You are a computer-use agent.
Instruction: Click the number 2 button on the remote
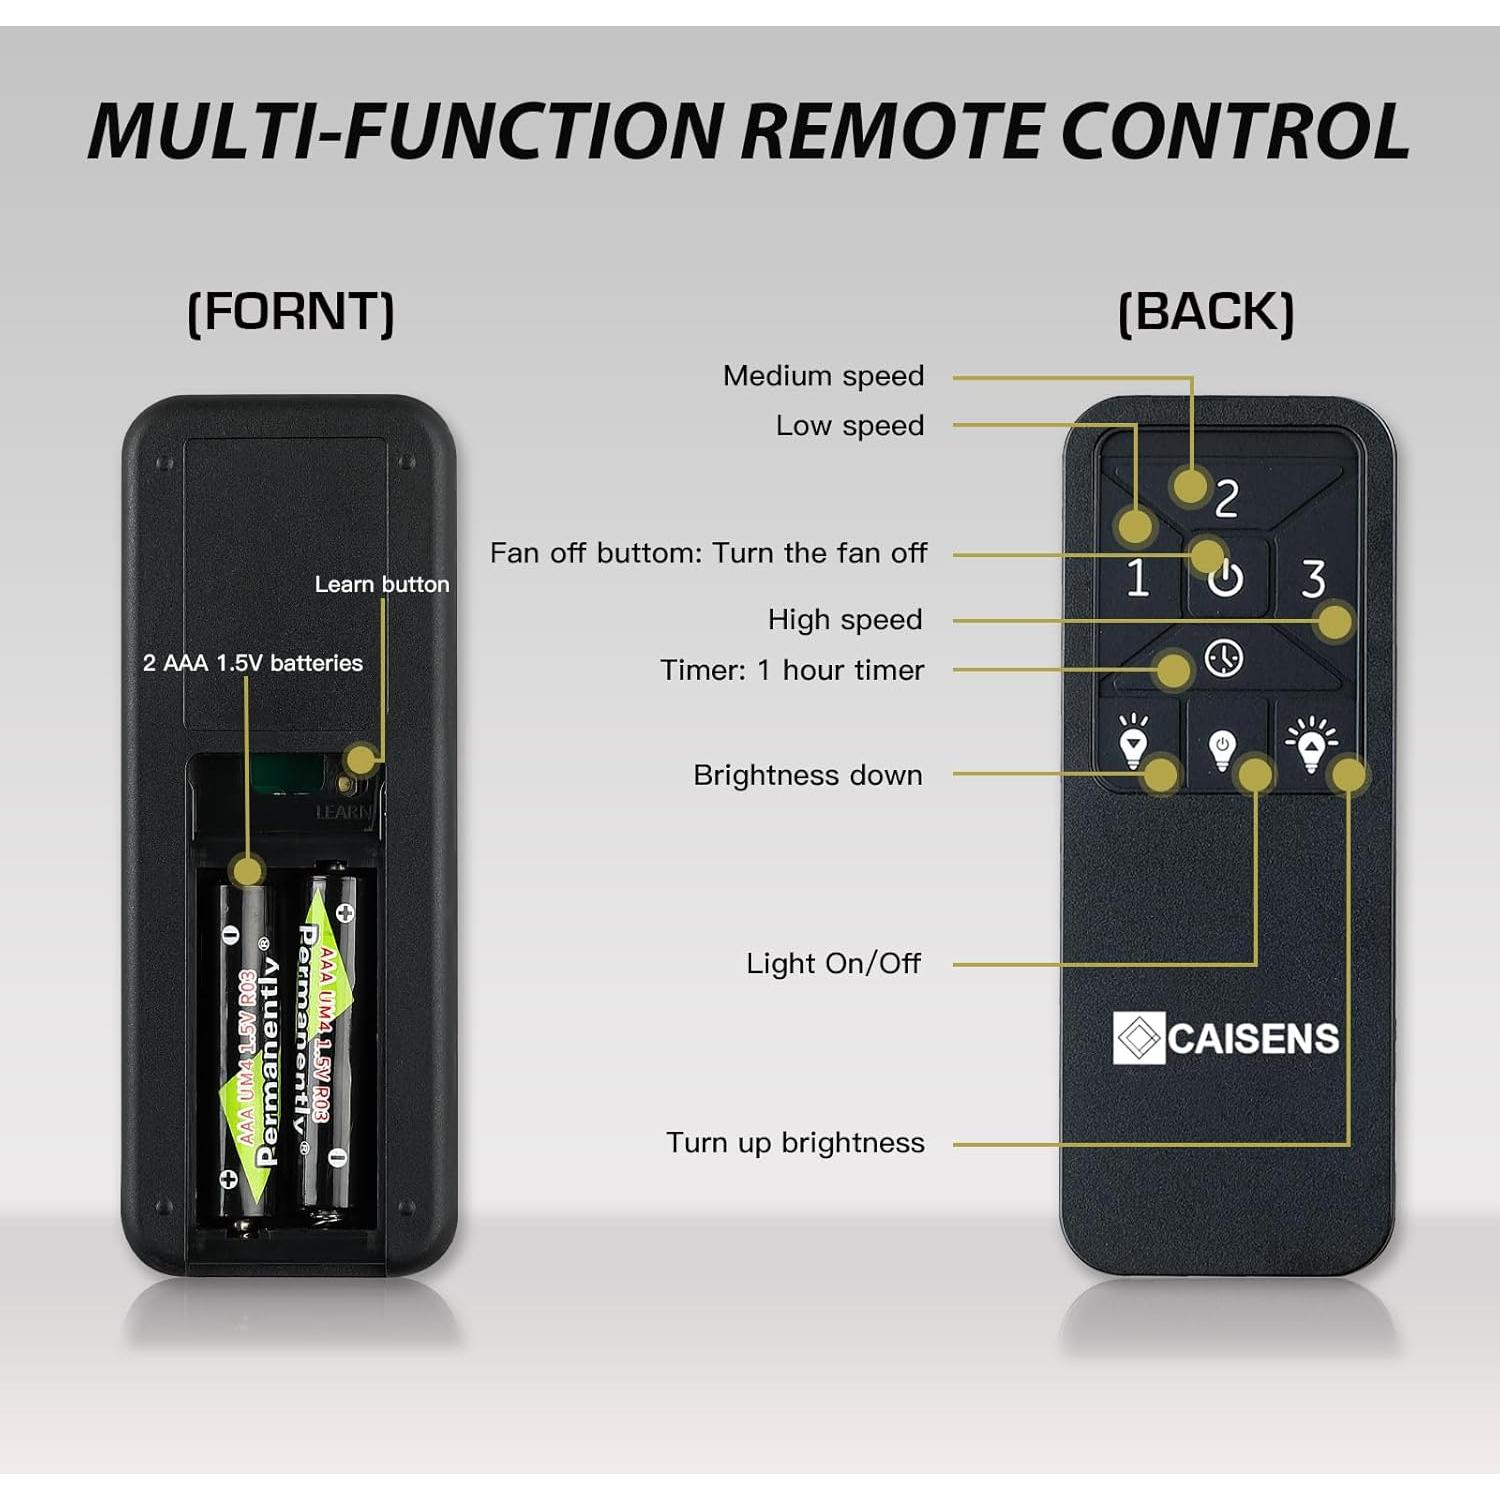pos(1227,497)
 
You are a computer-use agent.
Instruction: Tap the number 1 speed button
pos(1137,578)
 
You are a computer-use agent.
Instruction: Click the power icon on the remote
pos(1226,578)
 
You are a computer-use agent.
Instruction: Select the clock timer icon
pos(1224,658)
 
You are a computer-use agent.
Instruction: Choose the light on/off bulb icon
pos(1222,749)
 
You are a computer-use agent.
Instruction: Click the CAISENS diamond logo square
pos(1139,1038)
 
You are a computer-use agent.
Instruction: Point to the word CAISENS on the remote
pos(1253,1039)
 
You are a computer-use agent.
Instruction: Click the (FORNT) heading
pos(291,312)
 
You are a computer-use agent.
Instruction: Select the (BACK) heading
pos(1206,312)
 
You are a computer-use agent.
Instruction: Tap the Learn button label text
pos(382,584)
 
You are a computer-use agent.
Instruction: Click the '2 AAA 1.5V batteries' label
pos(253,663)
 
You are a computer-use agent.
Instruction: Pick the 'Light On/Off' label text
pos(833,964)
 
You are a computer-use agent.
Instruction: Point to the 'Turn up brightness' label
pos(795,1143)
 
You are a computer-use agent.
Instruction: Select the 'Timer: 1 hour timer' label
pos(792,670)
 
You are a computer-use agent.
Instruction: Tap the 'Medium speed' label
pos(823,376)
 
